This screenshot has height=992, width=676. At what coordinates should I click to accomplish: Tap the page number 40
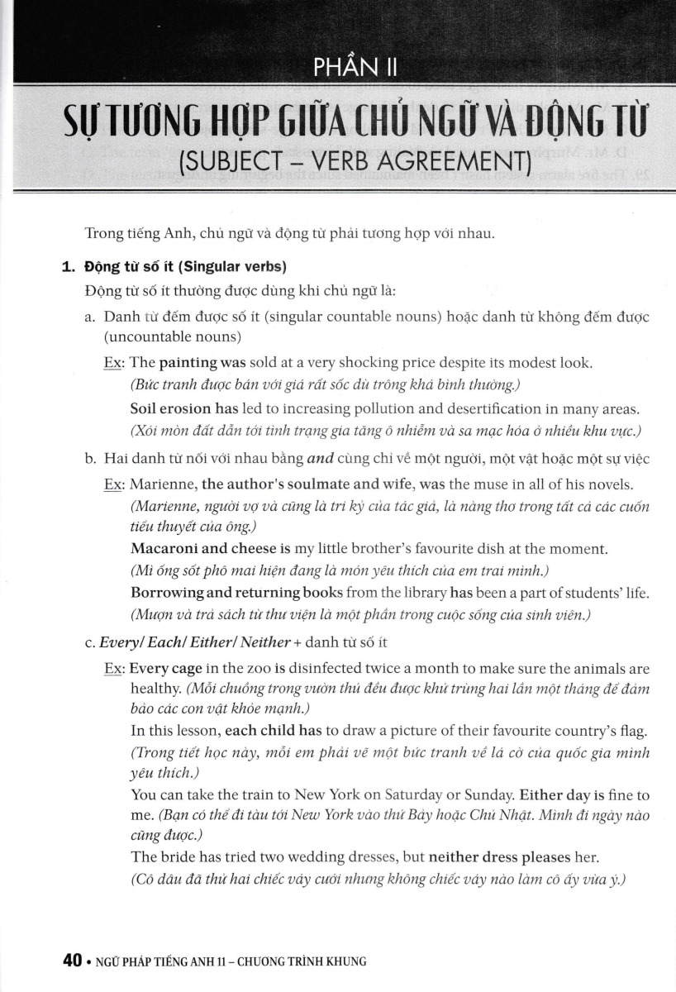coord(72,961)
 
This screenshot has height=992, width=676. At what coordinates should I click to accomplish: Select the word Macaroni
coord(160,549)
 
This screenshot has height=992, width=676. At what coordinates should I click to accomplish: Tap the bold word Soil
coord(145,409)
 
